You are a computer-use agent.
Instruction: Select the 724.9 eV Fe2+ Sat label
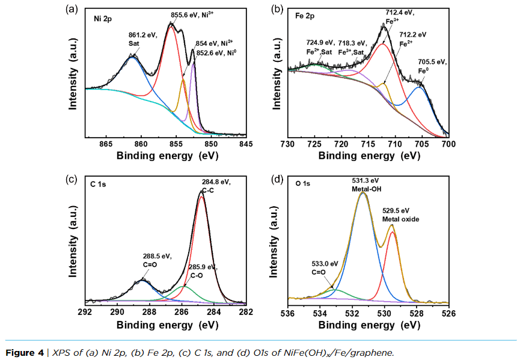pyautogui.click(x=320, y=47)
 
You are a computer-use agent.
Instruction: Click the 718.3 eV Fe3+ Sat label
pyautogui.click(x=352, y=47)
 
